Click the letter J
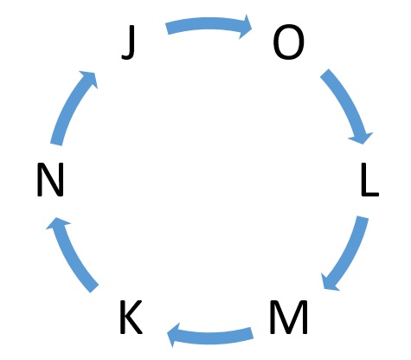(129, 42)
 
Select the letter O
(288, 42)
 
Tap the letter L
(370, 179)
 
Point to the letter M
(288, 317)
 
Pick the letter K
(131, 317)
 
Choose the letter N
(50, 179)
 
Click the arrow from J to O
(209, 23)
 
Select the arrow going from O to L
(348, 103)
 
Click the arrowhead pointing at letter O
(245, 27)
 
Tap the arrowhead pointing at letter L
(362, 138)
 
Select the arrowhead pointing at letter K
(174, 335)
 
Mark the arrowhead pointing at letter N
(57, 223)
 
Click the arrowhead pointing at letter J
(89, 78)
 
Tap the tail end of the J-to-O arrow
(167, 29)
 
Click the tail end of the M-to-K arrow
(252, 333)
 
